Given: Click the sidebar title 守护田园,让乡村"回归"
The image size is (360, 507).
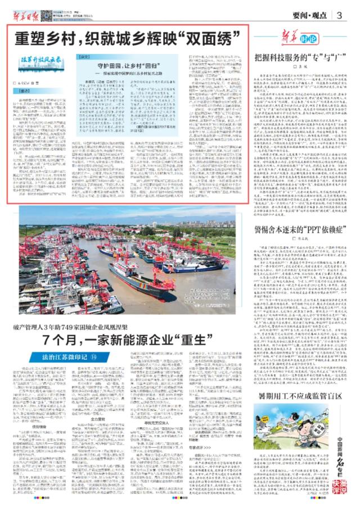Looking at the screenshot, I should tap(124, 66).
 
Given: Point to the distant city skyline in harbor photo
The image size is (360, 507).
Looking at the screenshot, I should tap(169, 217).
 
